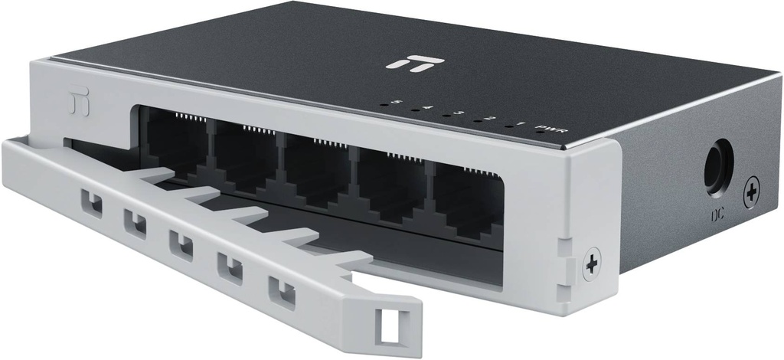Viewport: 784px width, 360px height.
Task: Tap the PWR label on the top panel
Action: (550, 128)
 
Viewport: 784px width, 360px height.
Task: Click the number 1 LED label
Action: (521, 124)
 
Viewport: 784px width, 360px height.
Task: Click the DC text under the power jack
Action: (717, 215)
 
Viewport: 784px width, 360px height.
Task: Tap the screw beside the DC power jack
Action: (752, 189)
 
